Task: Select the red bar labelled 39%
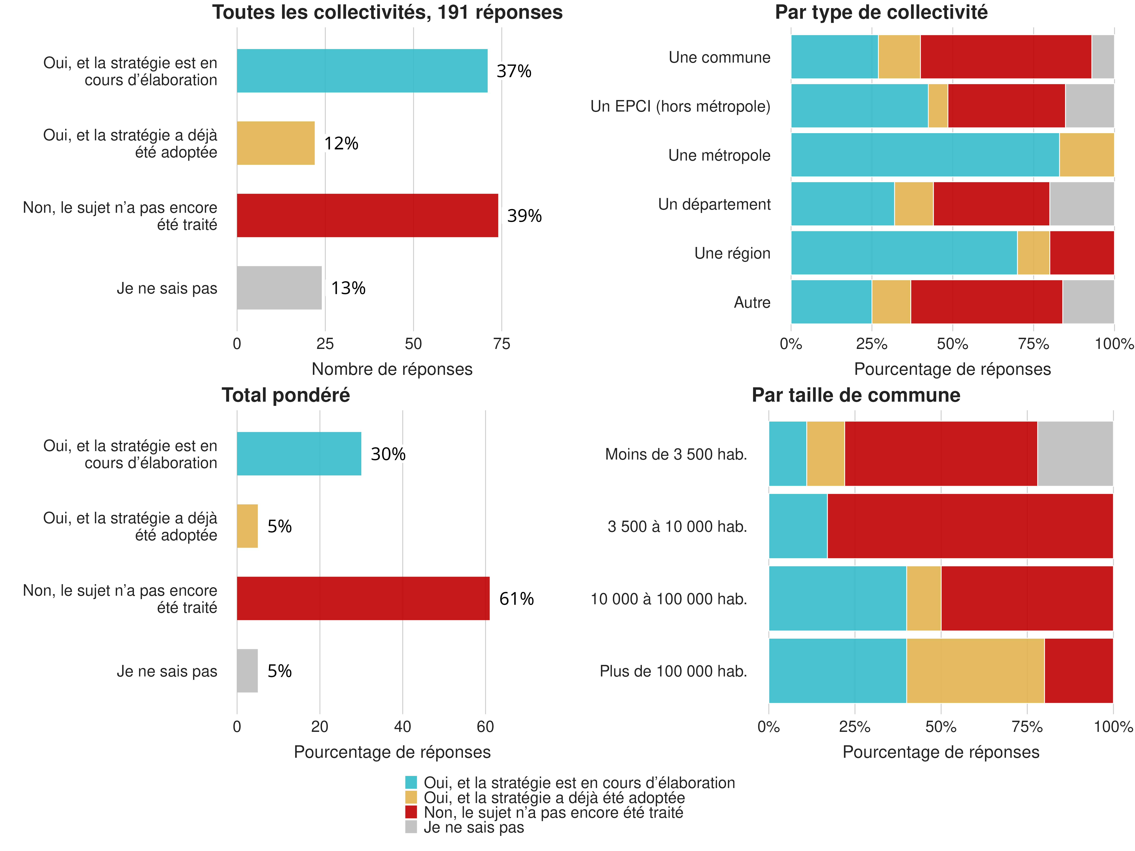367,215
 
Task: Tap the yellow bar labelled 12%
276,143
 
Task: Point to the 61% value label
516,599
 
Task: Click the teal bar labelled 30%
299,453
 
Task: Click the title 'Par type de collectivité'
881,12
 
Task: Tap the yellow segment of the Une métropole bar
1086,155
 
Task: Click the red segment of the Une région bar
1082,253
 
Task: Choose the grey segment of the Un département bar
1082,204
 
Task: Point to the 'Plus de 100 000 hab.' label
673,671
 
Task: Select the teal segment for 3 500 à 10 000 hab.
798,526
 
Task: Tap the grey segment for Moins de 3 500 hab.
1075,453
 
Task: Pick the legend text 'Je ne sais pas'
474,827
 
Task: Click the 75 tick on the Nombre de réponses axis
501,344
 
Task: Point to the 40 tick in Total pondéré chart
402,726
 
